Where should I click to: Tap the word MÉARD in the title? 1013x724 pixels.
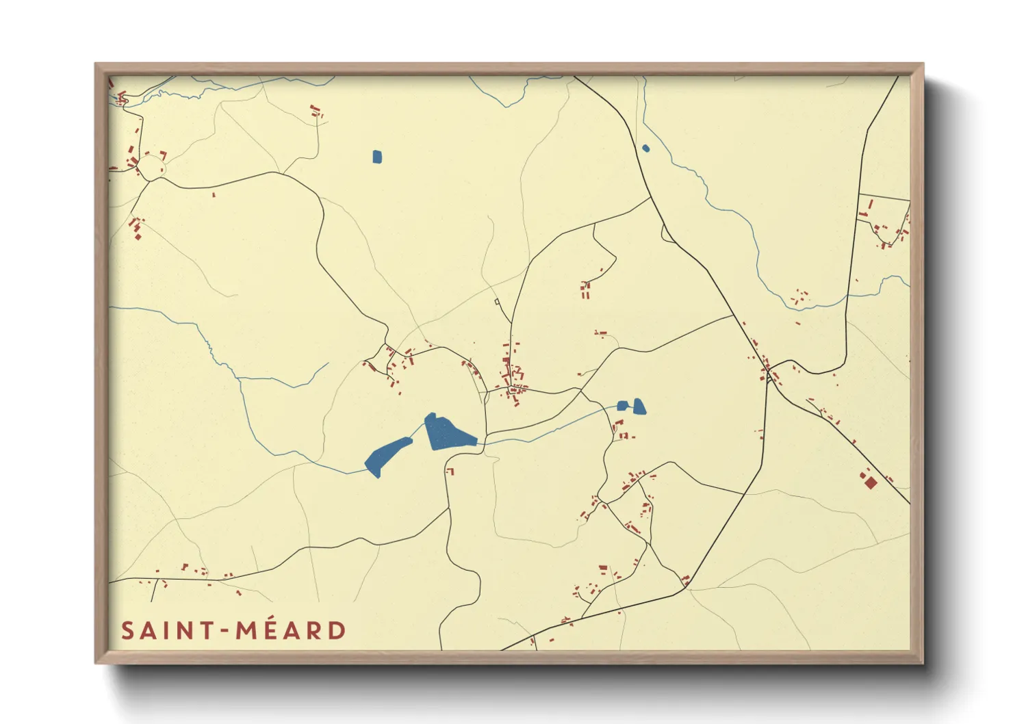click(292, 631)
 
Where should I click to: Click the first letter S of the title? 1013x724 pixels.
click(127, 631)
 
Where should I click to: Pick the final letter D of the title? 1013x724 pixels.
click(337, 631)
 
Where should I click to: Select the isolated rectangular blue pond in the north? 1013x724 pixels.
click(377, 157)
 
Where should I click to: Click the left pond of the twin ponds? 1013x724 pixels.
click(622, 406)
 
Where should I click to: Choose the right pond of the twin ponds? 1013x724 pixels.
click(639, 406)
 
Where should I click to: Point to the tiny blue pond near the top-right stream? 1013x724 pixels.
click(645, 148)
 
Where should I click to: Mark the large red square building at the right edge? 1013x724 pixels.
click(870, 482)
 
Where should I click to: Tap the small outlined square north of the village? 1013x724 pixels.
click(497, 301)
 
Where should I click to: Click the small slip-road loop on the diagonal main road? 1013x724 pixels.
click(666, 235)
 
